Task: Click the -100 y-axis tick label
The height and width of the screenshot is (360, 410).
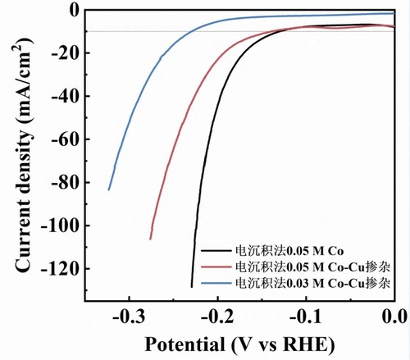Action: coord(60,226)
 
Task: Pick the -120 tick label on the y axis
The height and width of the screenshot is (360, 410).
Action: coord(60,269)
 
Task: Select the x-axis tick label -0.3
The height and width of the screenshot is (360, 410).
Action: coord(129,317)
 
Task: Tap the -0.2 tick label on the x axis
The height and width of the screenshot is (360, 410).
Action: coord(217,317)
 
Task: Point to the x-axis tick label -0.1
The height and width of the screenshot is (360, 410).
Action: coord(306,317)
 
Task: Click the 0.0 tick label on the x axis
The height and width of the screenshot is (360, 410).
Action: coord(395,317)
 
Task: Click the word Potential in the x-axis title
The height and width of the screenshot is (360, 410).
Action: coord(184,344)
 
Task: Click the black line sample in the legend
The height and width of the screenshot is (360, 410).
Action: coord(216,250)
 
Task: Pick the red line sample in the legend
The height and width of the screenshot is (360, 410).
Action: coord(216,267)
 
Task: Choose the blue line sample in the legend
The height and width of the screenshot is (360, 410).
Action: coord(216,283)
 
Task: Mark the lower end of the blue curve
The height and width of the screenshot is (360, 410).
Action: coord(109,189)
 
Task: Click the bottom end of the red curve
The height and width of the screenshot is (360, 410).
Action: coord(150,239)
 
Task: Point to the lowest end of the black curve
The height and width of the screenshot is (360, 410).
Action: coord(192,287)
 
